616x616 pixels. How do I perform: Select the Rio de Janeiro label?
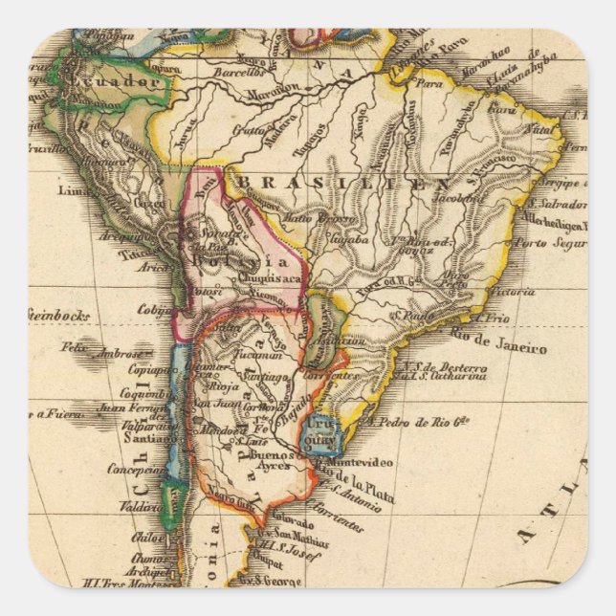(499, 341)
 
